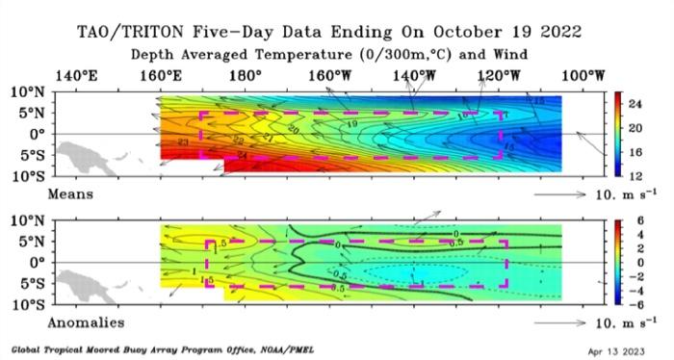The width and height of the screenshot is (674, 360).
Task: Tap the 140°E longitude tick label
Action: [x=76, y=75]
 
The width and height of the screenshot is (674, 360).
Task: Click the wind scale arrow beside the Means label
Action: [x=557, y=195]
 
